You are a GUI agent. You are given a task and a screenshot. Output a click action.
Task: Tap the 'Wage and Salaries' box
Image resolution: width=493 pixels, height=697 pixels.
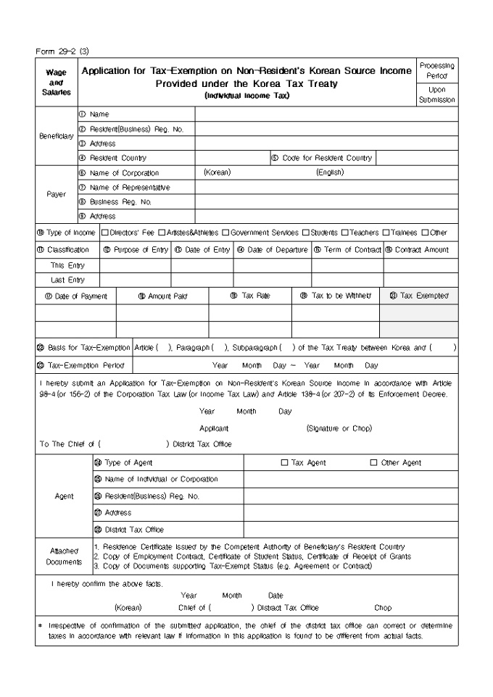[56, 83]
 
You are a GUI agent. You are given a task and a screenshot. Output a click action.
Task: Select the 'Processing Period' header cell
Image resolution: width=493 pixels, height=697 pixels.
[437, 71]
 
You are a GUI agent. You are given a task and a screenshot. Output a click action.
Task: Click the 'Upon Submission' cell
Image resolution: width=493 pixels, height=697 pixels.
[437, 95]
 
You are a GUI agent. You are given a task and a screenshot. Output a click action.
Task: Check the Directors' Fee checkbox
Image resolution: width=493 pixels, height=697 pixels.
[105, 233]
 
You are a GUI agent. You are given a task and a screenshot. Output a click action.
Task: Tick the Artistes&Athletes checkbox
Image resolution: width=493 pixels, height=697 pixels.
[162, 233]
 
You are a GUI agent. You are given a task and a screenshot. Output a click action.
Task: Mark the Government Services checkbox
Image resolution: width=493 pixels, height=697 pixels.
[225, 233]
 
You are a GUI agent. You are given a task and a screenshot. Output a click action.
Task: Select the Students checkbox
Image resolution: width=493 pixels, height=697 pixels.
[307, 233]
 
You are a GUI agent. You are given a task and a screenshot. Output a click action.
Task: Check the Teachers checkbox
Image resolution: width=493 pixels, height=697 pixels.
[344, 233]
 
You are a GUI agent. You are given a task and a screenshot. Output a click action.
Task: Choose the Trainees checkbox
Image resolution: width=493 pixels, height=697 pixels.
[386, 233]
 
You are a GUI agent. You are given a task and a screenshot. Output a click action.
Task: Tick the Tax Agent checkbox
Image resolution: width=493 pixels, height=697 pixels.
[285, 462]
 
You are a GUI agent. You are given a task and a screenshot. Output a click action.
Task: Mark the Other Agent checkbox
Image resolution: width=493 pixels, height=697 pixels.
[374, 462]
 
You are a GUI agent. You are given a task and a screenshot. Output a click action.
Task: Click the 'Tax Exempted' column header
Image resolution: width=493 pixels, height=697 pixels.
[419, 296]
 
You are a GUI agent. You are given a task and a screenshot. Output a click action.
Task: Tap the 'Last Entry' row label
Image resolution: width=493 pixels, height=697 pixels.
[67, 280]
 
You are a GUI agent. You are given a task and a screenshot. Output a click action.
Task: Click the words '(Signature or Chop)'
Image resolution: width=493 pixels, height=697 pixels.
[339, 428]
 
